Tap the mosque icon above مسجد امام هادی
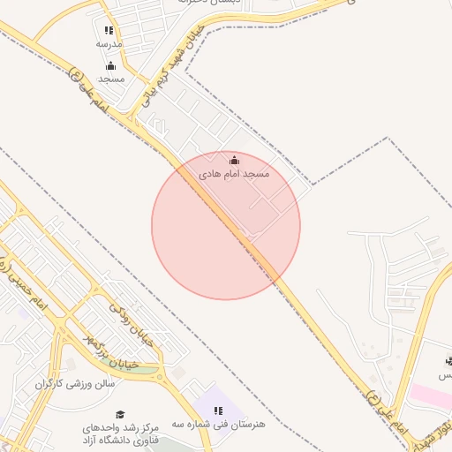point(234,161)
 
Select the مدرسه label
point(109,43)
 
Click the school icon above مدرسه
point(109,31)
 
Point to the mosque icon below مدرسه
point(110,65)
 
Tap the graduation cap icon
point(120,415)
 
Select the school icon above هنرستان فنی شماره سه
point(218,411)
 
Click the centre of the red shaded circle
point(226,225)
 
